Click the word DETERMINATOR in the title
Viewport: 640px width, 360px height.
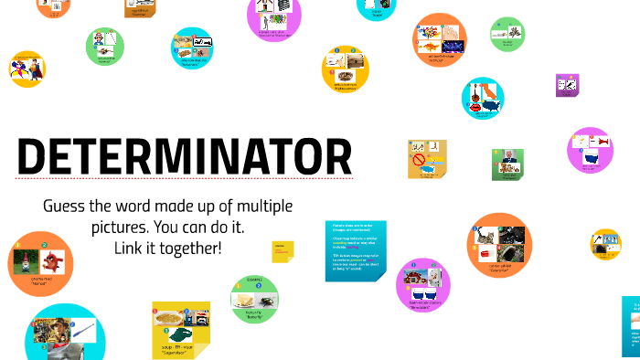click(x=184, y=156)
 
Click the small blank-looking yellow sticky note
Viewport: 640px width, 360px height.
click(x=282, y=250)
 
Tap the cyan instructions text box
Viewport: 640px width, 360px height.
click(x=356, y=249)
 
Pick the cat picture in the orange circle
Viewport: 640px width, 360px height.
click(x=485, y=240)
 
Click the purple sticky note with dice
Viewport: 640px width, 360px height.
click(x=567, y=85)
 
